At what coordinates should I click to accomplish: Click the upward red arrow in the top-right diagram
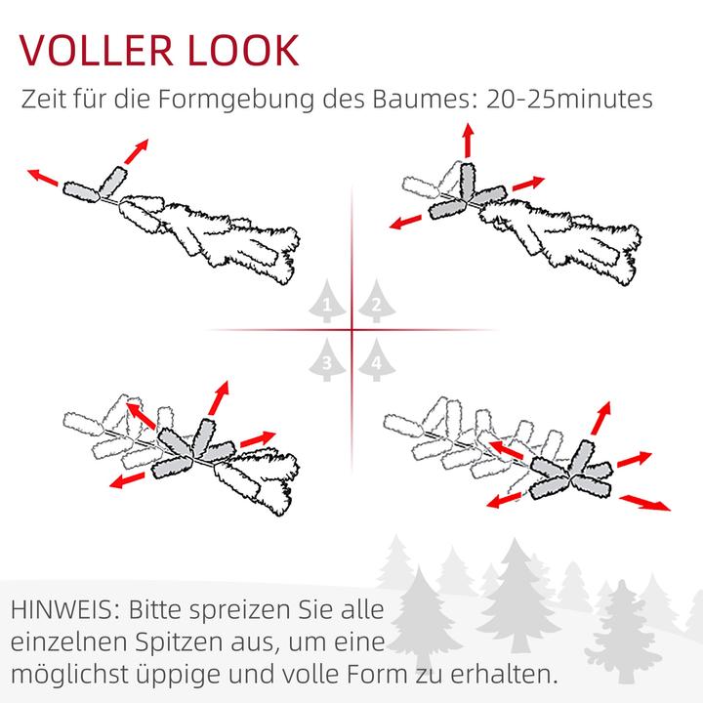pos(468,141)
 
